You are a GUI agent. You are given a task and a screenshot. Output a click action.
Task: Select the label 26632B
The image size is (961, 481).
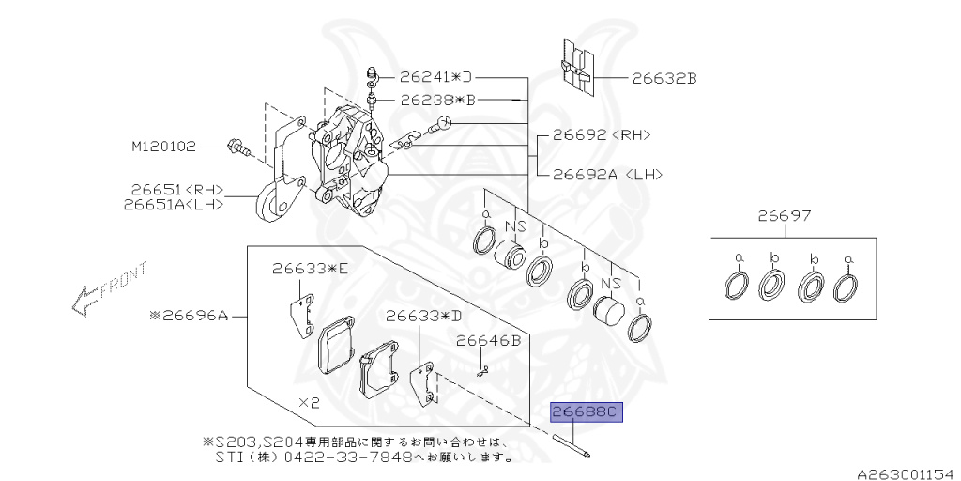pyautogui.click(x=664, y=79)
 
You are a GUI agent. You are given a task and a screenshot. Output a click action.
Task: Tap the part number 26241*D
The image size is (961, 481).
pyautogui.click(x=435, y=76)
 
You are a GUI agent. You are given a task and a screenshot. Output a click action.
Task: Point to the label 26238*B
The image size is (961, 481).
pyautogui.click(x=438, y=99)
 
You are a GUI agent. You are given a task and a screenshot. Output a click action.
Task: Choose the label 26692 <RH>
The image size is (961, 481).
pyautogui.click(x=601, y=134)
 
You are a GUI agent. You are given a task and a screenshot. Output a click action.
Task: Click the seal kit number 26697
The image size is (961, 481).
pyautogui.click(x=785, y=216)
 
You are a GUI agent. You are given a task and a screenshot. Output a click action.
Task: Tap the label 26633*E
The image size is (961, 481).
pyautogui.click(x=310, y=269)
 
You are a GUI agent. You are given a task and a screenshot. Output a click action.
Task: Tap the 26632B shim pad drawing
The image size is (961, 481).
pyautogui.click(x=575, y=68)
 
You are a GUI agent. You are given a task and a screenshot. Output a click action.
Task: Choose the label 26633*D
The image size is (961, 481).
pyautogui.click(x=422, y=316)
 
